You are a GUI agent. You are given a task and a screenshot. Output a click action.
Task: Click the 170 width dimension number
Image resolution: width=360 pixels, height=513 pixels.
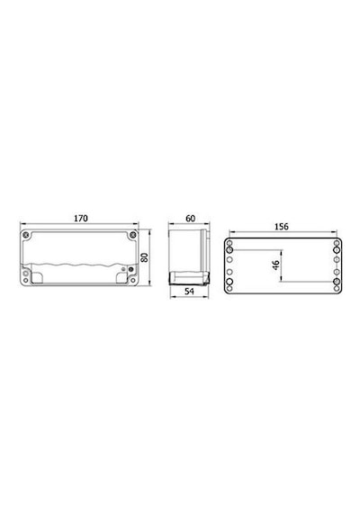click(80, 218)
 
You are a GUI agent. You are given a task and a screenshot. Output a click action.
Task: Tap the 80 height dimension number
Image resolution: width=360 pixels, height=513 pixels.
click(144, 257)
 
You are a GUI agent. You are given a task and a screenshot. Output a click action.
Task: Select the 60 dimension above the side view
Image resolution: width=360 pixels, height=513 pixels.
click(191, 218)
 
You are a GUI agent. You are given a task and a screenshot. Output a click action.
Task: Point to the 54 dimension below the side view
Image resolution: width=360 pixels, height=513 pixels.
click(190, 292)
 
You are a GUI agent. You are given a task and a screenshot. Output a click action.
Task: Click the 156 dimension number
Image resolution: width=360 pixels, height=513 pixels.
click(282, 227)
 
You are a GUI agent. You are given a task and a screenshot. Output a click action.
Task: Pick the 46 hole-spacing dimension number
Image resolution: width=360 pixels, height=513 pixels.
click(276, 265)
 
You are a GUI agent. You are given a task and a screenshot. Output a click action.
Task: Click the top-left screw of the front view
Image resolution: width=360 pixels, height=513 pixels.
click(26, 235)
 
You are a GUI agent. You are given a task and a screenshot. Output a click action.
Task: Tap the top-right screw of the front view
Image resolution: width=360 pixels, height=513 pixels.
click(132, 235)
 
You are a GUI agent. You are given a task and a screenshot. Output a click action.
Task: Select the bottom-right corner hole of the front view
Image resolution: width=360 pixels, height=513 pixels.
click(132, 281)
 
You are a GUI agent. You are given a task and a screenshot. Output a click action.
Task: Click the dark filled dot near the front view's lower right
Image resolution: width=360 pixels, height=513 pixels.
click(131, 270)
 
